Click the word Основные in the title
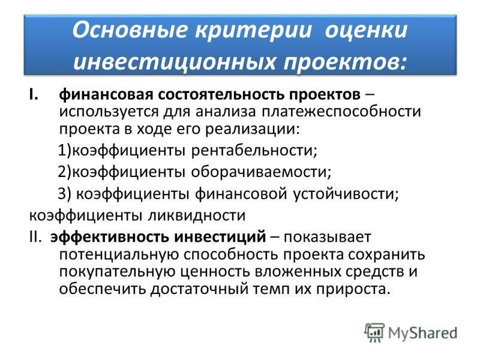(130, 30)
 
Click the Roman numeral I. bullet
(34, 94)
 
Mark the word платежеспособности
(341, 112)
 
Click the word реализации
(251, 129)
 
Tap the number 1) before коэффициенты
(65, 151)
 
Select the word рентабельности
(254, 151)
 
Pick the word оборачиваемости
(261, 172)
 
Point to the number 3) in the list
(65, 193)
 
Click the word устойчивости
(346, 193)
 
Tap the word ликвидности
(197, 215)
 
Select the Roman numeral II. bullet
(35, 237)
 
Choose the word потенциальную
(119, 254)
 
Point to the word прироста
(353, 289)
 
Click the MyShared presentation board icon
(374, 332)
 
